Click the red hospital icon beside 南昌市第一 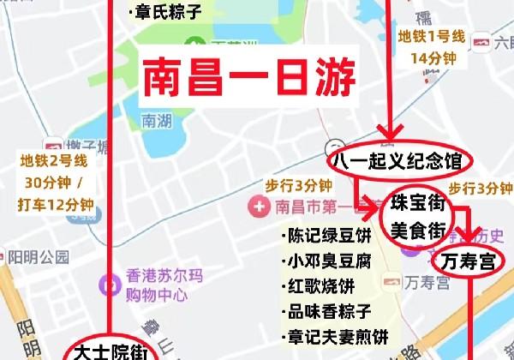(256, 207)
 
